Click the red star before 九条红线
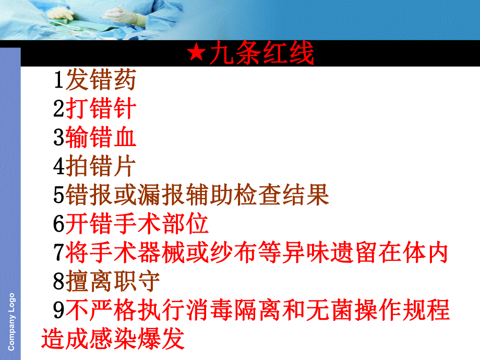point(197,54)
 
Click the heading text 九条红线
point(261,54)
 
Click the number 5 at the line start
point(58,195)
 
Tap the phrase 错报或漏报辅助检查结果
point(197,195)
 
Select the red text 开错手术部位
point(137,224)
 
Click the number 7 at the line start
point(58,253)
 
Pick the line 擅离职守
point(113,281)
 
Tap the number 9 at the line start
point(58,310)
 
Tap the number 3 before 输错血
point(58,138)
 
